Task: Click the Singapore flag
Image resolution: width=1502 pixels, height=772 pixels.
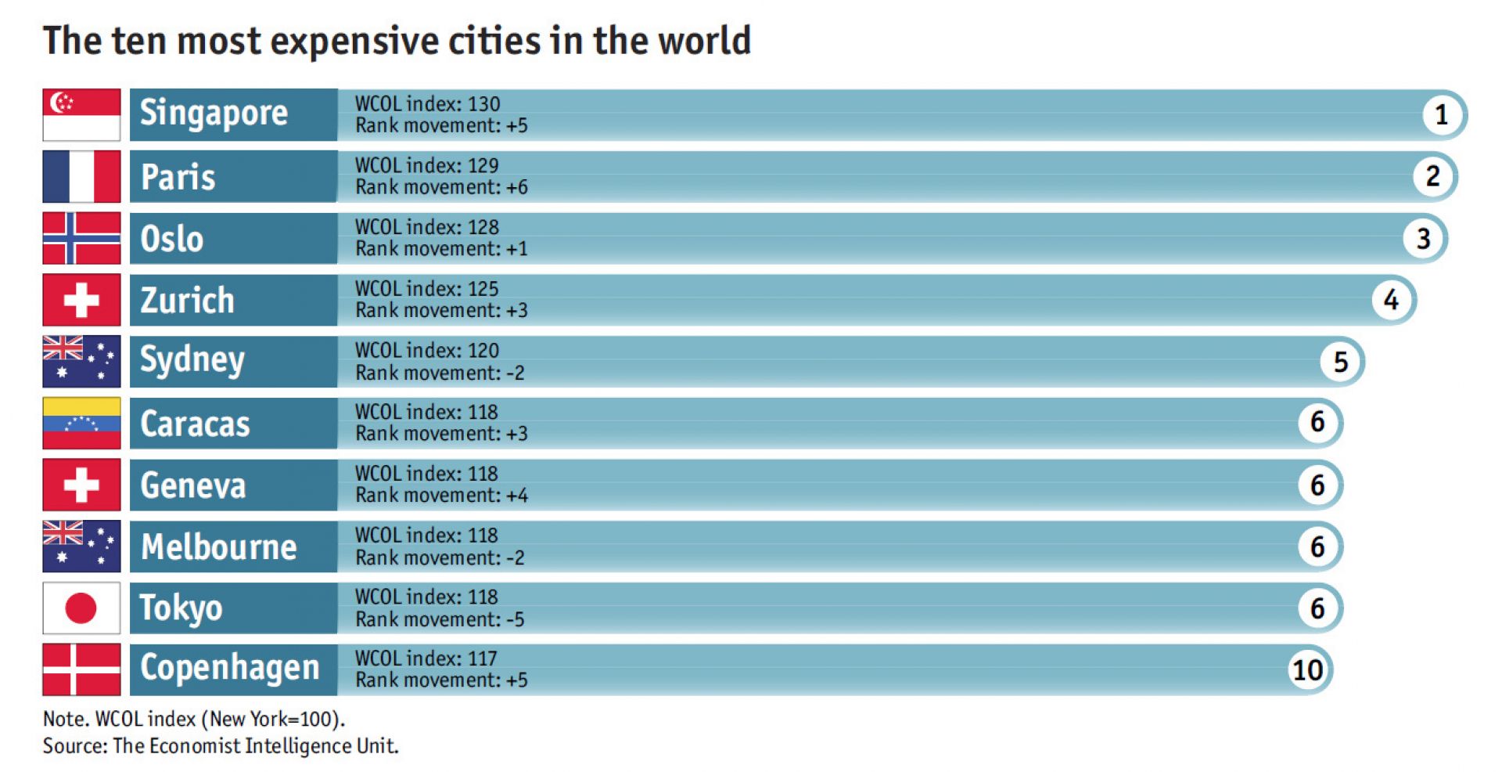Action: coord(81,114)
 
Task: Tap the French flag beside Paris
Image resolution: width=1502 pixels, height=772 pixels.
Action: coord(81,176)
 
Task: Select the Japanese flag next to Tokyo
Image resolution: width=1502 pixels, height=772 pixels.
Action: coord(81,608)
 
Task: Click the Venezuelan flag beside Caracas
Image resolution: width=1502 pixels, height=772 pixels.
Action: coord(81,423)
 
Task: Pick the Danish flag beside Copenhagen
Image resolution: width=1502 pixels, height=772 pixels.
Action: coord(81,669)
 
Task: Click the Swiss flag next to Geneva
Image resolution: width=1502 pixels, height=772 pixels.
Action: coord(81,485)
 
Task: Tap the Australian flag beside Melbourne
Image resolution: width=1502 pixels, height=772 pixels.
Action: coord(81,546)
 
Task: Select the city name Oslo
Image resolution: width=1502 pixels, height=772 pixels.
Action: coord(172,239)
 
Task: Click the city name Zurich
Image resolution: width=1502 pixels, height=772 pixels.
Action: coord(187,301)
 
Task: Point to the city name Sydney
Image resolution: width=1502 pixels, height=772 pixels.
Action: coord(192,361)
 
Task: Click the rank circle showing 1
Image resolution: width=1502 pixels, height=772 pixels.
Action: coord(1441,115)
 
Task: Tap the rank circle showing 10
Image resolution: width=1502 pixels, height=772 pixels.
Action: coord(1307,670)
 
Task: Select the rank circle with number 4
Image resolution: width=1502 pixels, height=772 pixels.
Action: coord(1390,300)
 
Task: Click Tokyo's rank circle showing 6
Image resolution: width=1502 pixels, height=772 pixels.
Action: coord(1317,608)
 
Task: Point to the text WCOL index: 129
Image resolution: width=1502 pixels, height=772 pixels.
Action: coord(426,165)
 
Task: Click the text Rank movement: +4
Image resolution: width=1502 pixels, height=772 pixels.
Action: coord(441,496)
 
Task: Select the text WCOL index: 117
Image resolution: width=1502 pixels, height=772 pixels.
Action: coord(426,658)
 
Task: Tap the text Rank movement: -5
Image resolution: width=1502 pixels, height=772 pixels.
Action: coord(440,619)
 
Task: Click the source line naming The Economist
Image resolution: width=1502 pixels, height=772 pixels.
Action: coord(221,745)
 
